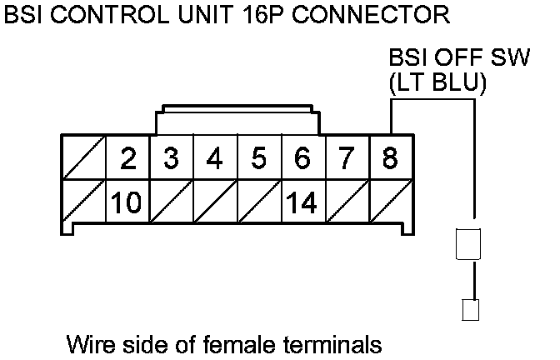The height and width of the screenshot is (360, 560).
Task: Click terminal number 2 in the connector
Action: pos(127,158)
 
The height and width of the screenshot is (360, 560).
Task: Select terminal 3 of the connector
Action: pos(172,158)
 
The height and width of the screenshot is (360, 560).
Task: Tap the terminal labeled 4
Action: pos(215,158)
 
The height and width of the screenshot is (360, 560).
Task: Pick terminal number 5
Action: pos(258,158)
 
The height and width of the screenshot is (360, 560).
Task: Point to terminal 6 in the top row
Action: pos(302,158)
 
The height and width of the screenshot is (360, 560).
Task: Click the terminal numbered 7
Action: pos(346,158)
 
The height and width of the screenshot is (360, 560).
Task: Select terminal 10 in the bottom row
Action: pos(127,202)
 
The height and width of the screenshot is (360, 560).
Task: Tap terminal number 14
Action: pos(302,202)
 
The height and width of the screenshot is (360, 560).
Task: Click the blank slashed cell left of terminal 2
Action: pos(84,158)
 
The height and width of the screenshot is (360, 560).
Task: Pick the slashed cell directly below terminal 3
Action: pos(172,202)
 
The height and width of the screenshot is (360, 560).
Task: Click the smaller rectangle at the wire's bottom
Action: pos(469,310)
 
